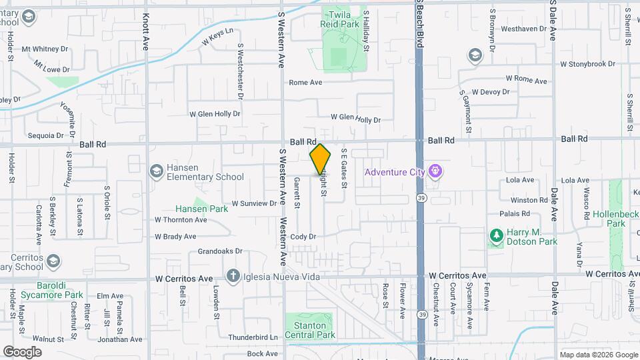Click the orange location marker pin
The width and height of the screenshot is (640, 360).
pyautogui.click(x=320, y=160)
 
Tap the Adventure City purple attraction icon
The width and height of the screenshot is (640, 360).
pyautogui.click(x=436, y=172)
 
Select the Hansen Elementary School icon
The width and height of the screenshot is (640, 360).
pyautogui.click(x=157, y=172)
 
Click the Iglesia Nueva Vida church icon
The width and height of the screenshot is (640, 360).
pyautogui.click(x=233, y=276)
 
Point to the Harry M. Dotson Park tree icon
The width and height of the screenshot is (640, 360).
pyautogui.click(x=496, y=236)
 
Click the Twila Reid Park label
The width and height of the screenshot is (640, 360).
pyautogui.click(x=344, y=19)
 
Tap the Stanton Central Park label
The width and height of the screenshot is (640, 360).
pyautogui.click(x=310, y=330)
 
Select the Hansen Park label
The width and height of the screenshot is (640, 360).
pyautogui.click(x=201, y=209)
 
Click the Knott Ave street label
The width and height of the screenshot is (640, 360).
pyautogui.click(x=147, y=32)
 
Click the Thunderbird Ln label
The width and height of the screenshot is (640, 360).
pyautogui.click(x=253, y=337)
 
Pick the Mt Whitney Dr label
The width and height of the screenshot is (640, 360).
pyautogui.click(x=45, y=49)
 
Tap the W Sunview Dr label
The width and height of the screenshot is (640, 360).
pyautogui.click(x=254, y=203)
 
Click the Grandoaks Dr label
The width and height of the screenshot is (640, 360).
pyautogui.click(x=219, y=252)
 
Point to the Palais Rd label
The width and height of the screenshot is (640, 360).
pyautogui.click(x=515, y=214)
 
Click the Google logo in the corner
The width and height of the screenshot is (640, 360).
pyautogui.click(x=22, y=351)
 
